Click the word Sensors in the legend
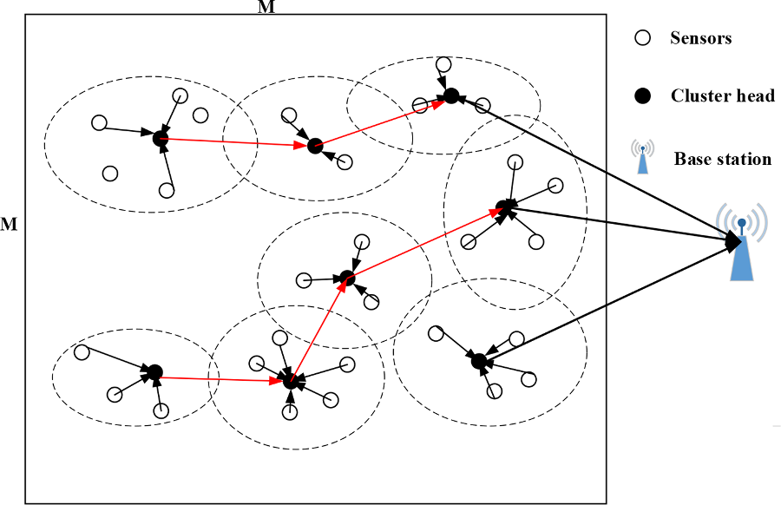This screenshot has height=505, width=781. [700, 38]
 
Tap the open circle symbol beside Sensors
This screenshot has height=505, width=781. [642, 38]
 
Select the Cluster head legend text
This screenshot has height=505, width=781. [722, 95]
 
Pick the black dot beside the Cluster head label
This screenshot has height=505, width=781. [642, 96]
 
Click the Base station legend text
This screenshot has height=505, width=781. [722, 159]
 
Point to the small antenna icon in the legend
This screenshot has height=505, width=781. [642, 157]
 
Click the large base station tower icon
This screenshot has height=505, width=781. [741, 244]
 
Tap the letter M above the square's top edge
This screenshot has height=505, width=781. [268, 7]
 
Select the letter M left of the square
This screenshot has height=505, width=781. [9, 225]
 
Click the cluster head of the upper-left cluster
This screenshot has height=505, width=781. [160, 138]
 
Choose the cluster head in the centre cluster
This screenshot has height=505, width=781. [347, 278]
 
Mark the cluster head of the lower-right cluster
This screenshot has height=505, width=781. [477, 360]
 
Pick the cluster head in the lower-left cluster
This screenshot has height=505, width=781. [154, 372]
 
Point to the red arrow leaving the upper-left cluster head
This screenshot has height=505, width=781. [236, 142]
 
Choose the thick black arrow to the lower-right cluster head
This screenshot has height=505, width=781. [607, 299]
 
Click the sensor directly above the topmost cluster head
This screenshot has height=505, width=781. [443, 64]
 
